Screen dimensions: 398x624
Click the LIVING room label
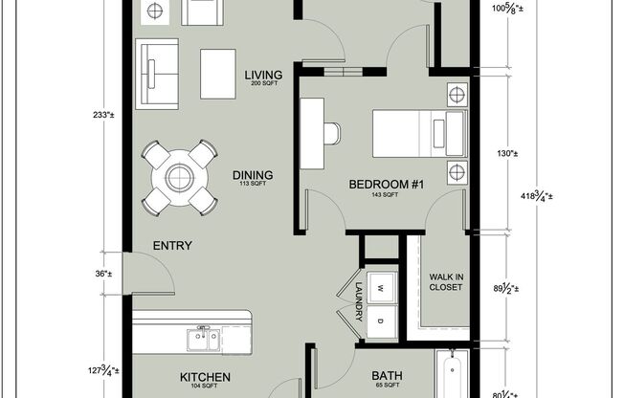click(261, 75)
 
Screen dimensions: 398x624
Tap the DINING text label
click(253, 175)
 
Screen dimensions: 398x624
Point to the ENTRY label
click(172, 246)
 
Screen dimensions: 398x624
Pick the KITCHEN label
click(202, 377)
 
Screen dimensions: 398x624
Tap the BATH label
click(370, 377)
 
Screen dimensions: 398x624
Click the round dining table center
click(180, 176)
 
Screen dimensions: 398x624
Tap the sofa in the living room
click(156, 74)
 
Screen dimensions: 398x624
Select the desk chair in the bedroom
click(331, 133)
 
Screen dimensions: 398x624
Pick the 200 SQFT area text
click(261, 84)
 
